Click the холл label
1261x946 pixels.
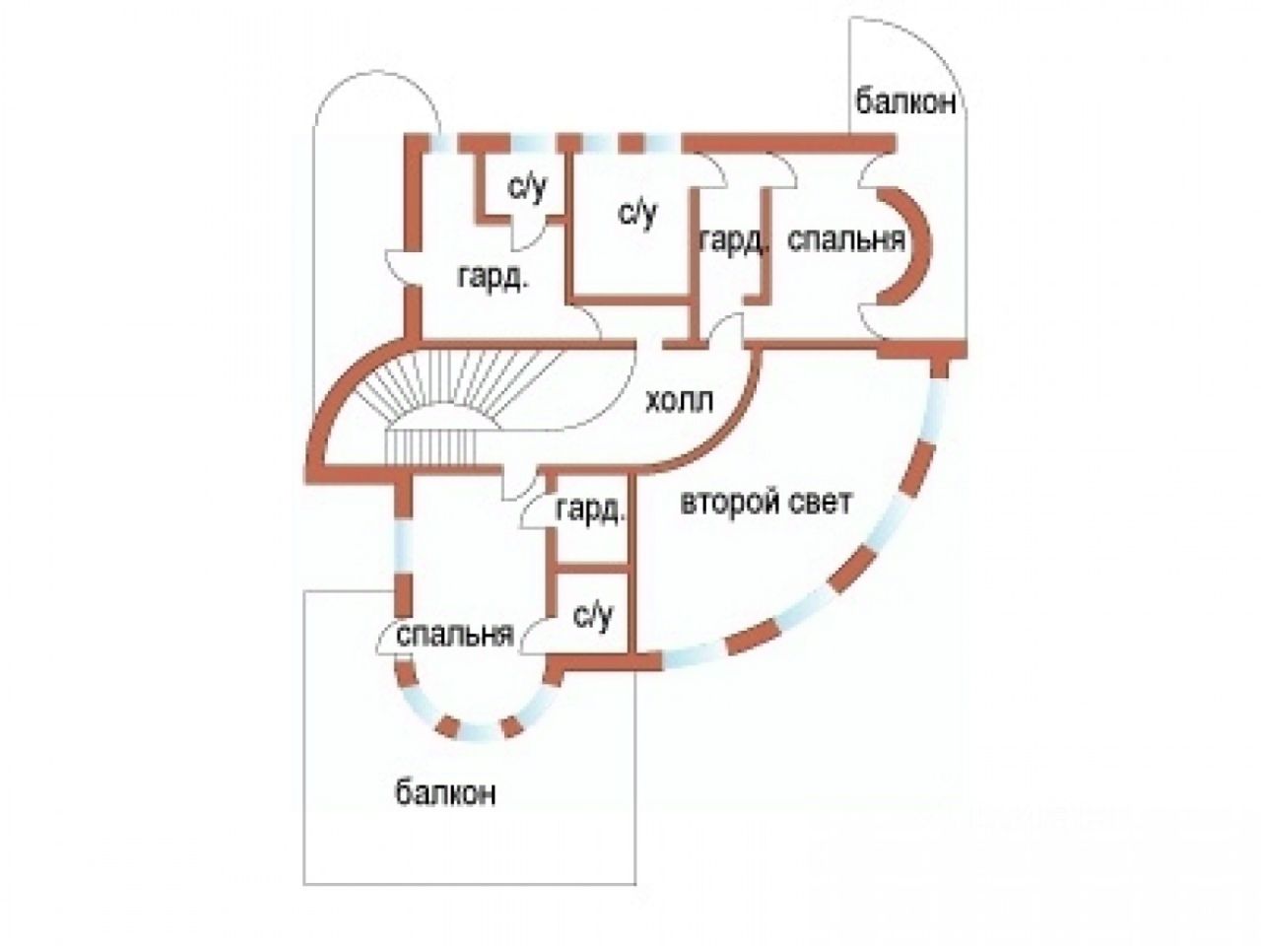(x=681, y=403)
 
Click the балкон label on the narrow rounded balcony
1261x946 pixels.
(x=905, y=101)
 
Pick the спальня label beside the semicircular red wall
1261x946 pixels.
(x=847, y=239)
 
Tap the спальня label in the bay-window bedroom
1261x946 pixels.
(x=456, y=635)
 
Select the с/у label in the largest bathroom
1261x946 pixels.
(x=636, y=212)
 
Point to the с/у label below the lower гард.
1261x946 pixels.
(x=593, y=616)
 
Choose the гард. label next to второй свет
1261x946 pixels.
(x=590, y=510)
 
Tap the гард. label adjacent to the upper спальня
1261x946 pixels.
(x=734, y=239)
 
